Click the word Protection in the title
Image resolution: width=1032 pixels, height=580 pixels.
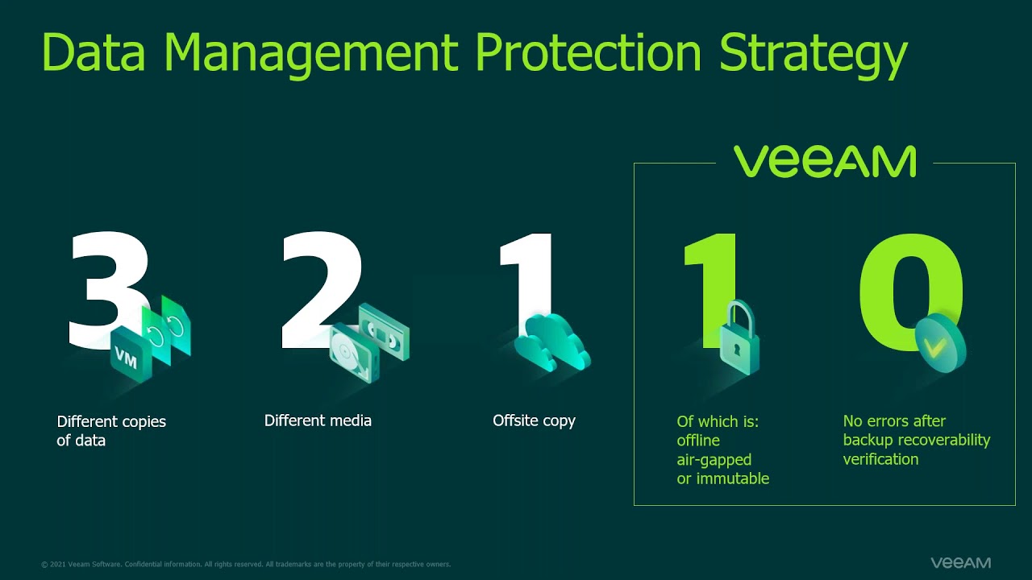(x=589, y=51)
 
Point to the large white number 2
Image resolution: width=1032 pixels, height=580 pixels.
(x=322, y=289)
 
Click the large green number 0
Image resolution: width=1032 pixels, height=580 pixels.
(x=911, y=292)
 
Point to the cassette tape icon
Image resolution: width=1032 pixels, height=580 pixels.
(x=384, y=331)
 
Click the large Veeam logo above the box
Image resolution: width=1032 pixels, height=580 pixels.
(x=825, y=161)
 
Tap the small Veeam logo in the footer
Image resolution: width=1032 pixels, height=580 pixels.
(x=960, y=562)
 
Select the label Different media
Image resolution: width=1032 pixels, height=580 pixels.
(x=318, y=420)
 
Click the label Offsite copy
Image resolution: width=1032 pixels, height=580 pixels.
(x=534, y=421)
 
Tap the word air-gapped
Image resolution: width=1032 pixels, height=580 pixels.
(x=714, y=460)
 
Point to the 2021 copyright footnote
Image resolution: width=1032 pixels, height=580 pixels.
(x=246, y=565)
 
